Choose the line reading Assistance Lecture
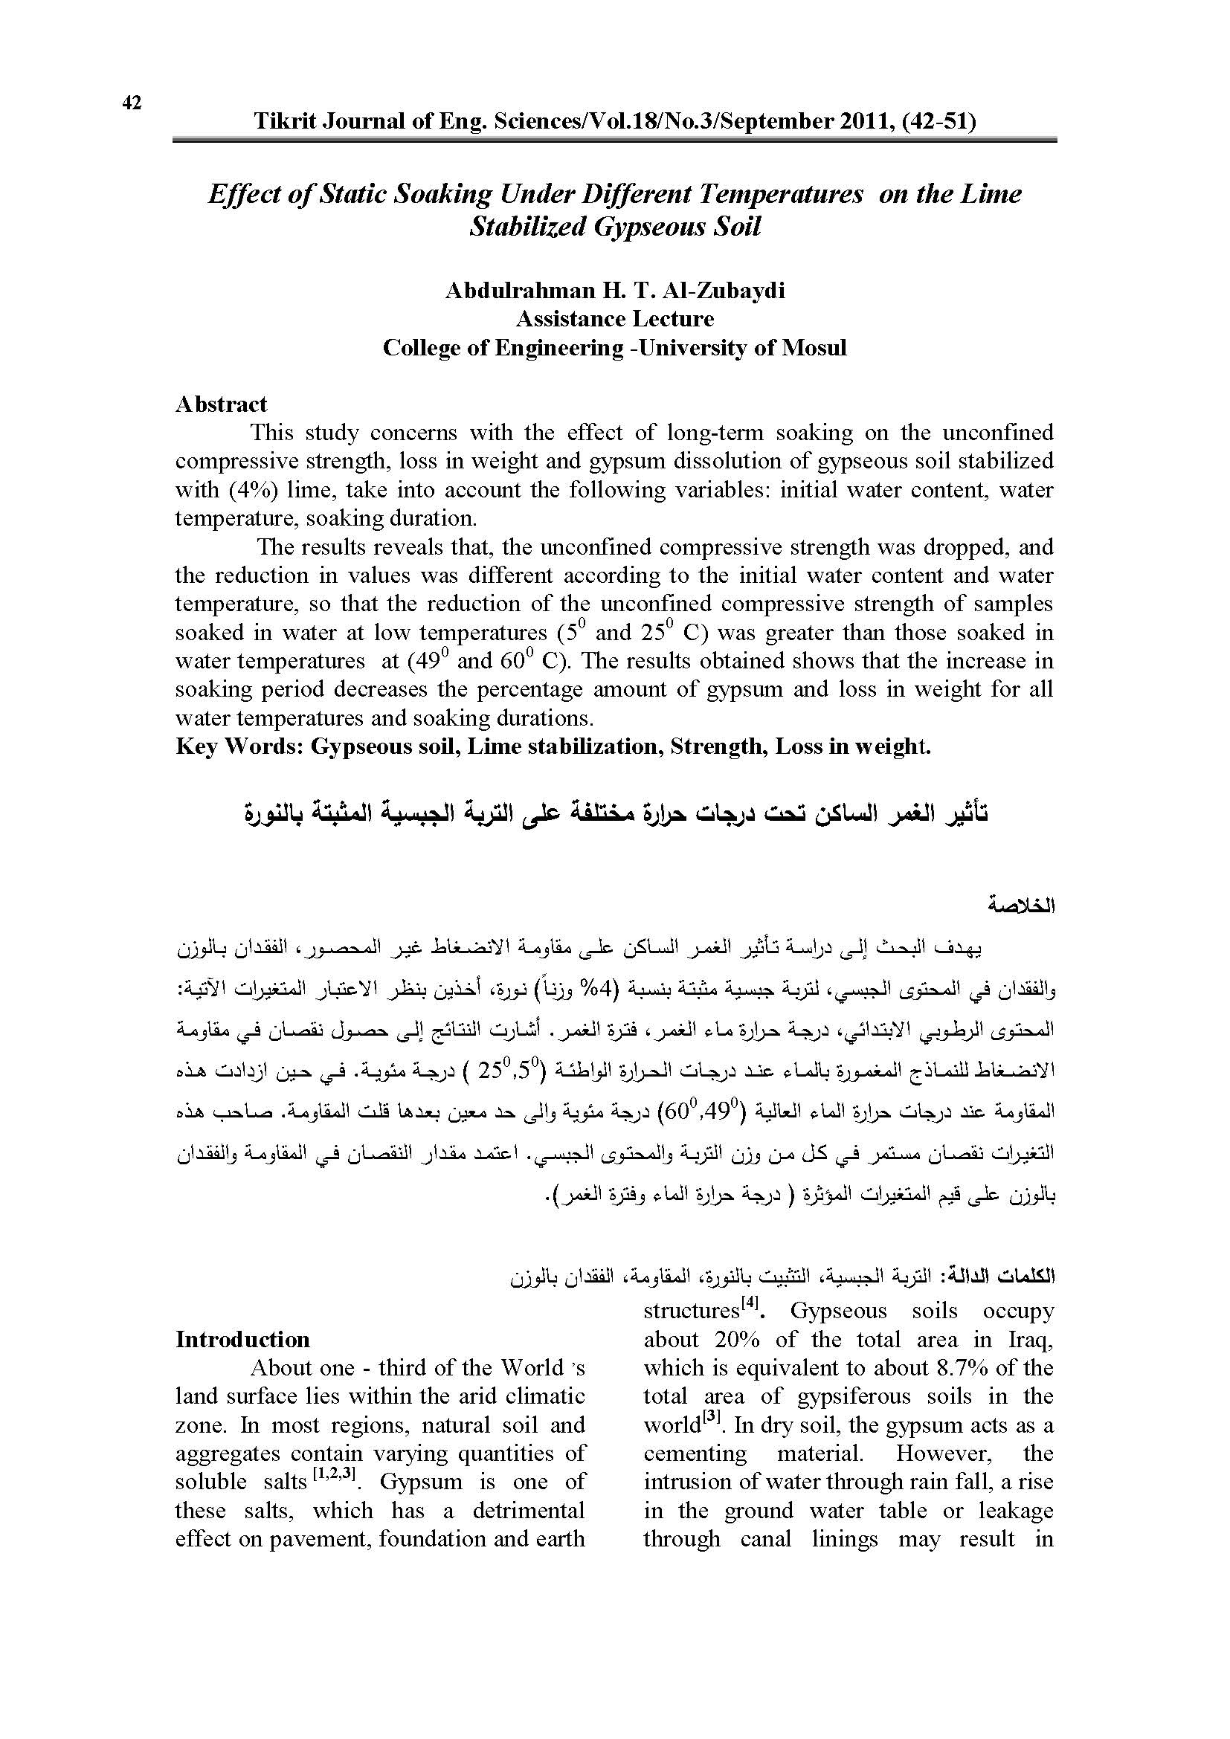click(x=614, y=319)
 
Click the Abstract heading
click(x=221, y=404)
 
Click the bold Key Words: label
click(x=240, y=746)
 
